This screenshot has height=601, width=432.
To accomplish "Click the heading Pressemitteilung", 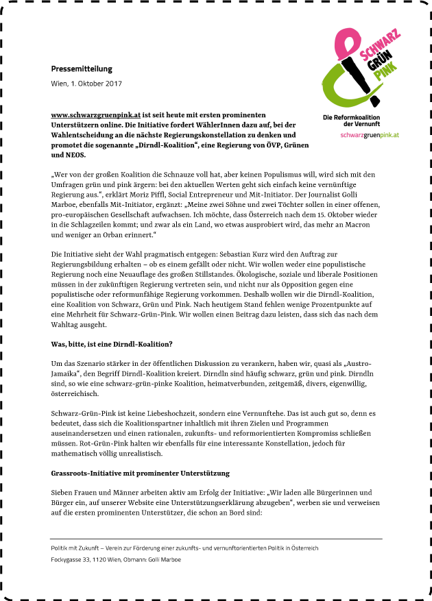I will [82, 69].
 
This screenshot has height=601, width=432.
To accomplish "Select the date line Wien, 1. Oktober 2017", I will [86, 84].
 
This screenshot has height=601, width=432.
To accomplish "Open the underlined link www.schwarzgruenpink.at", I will [95, 114].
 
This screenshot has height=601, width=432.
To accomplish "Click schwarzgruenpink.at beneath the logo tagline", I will [370, 135].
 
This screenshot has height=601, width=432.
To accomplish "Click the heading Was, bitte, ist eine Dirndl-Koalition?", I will [112, 343].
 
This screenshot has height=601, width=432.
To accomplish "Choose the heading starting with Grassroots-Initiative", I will [140, 474].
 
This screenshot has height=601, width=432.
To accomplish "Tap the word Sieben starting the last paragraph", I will [64, 493].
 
